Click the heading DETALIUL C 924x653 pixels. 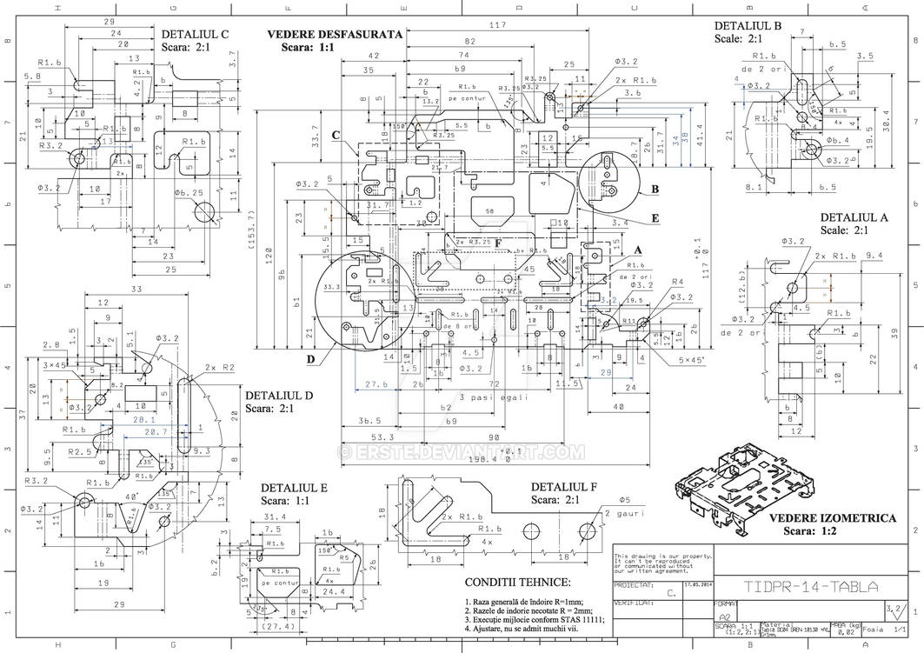tap(195, 35)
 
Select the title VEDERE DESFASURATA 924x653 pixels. tap(335, 34)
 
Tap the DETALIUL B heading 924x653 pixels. tap(748, 25)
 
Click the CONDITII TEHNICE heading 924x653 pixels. tap(518, 582)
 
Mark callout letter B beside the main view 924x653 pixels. tap(655, 188)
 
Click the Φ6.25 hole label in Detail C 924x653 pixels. tap(189, 193)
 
